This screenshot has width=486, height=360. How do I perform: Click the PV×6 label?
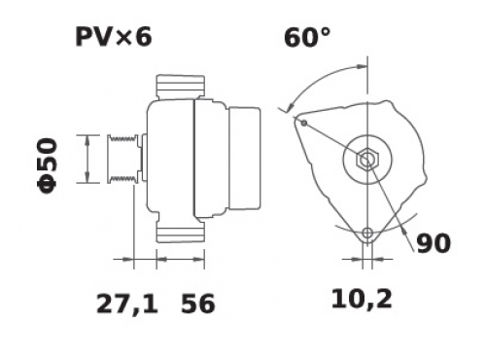coord(114,37)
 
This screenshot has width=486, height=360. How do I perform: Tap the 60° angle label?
coord(307,37)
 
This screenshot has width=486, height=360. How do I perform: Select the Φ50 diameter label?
coord(48,165)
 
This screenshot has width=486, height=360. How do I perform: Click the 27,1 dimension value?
coord(127,304)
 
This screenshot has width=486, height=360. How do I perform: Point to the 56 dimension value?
coord(198,304)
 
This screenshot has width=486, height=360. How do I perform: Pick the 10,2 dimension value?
coord(362,299)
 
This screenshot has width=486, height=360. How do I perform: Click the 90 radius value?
coord(434,243)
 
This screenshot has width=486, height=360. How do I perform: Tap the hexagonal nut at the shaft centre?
coord(367,160)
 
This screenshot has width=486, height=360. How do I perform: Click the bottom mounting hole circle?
coord(367,233)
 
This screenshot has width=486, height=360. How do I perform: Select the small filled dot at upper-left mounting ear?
coord(304,123)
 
